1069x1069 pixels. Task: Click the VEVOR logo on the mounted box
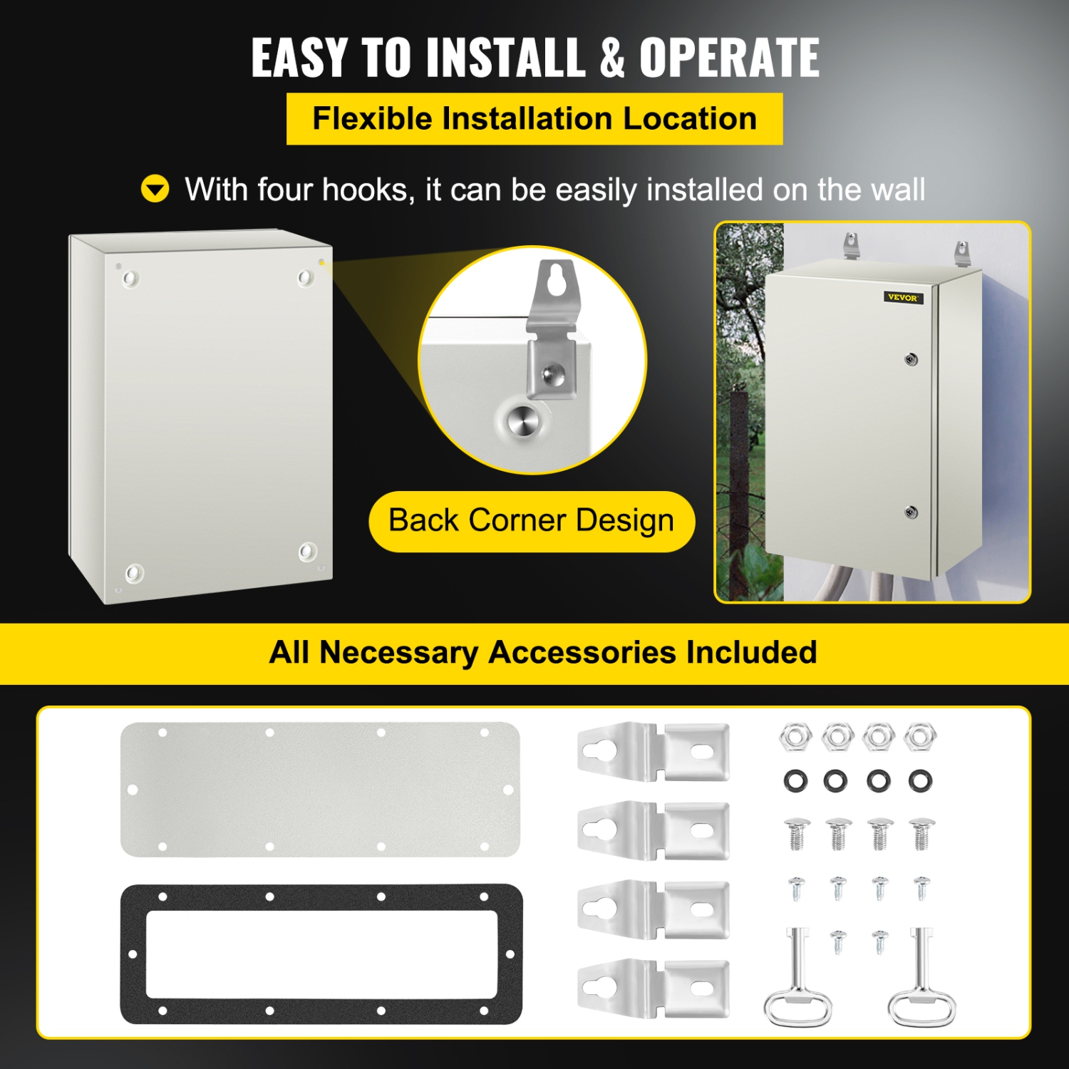point(903,297)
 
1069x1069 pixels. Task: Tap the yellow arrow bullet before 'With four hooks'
point(155,190)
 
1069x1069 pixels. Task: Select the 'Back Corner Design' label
point(531,521)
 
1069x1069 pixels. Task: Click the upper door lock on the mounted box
point(911,359)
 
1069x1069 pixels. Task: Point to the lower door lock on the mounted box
point(911,512)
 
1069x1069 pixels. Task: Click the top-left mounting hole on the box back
point(130,278)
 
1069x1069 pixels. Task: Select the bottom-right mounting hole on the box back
point(308,551)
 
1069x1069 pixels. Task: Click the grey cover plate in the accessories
point(320,789)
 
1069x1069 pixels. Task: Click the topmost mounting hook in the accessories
point(653,752)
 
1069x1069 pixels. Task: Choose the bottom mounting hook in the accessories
point(653,988)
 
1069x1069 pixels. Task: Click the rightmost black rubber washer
point(920,780)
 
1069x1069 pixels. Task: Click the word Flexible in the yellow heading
point(372,118)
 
